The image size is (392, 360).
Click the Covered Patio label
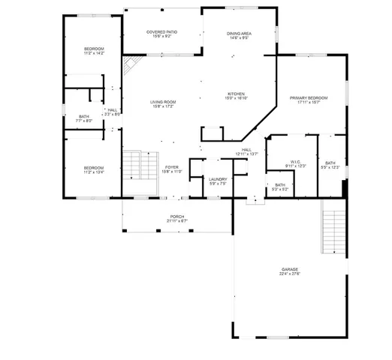(x=161, y=34)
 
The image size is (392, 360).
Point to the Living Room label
(x=162, y=103)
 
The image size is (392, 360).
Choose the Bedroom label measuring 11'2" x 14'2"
(x=94, y=51)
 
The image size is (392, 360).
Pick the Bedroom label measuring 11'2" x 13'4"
(x=94, y=169)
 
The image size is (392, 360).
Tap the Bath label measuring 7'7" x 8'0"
(x=84, y=118)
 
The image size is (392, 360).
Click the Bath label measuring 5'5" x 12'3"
(x=330, y=165)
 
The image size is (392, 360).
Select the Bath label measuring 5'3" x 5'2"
(x=280, y=187)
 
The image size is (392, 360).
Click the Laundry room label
(x=219, y=181)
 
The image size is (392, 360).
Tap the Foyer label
(x=172, y=169)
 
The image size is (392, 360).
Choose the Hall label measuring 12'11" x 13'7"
(x=246, y=151)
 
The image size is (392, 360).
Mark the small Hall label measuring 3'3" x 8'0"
(x=113, y=112)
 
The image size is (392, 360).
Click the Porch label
(x=176, y=218)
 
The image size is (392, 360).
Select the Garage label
(x=290, y=271)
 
